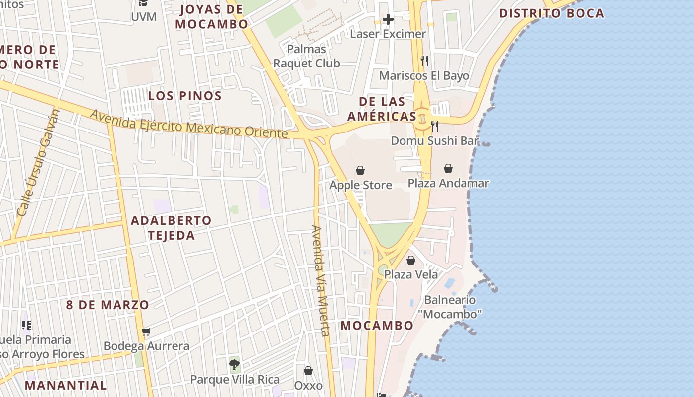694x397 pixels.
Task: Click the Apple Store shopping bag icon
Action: [x=360, y=170]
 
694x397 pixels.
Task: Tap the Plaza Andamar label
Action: [x=448, y=183]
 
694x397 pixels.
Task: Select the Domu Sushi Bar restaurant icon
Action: [x=435, y=126]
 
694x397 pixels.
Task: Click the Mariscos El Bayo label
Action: [x=424, y=76]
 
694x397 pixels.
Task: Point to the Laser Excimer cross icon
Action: [x=388, y=20]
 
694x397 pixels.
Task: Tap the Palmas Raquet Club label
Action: [x=307, y=56]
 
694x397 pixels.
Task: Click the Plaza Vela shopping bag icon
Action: [x=411, y=260]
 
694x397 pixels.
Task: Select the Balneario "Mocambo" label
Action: [x=450, y=307]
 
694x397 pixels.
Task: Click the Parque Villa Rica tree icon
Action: [x=234, y=365]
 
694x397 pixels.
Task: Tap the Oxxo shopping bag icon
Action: [x=308, y=371]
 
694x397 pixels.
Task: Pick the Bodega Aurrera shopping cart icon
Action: [x=146, y=331]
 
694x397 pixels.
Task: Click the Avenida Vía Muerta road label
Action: [x=320, y=281]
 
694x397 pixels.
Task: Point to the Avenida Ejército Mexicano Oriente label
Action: [x=188, y=124]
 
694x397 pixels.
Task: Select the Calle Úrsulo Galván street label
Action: [x=38, y=163]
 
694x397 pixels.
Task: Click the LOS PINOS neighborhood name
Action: [x=185, y=96]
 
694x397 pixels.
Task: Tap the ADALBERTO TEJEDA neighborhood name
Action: [x=171, y=228]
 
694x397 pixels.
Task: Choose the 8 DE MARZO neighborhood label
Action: [x=108, y=305]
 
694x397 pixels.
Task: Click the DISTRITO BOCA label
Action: [x=552, y=13]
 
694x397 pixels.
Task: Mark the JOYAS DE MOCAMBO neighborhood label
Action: [x=212, y=16]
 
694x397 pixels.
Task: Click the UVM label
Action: [x=144, y=17]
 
